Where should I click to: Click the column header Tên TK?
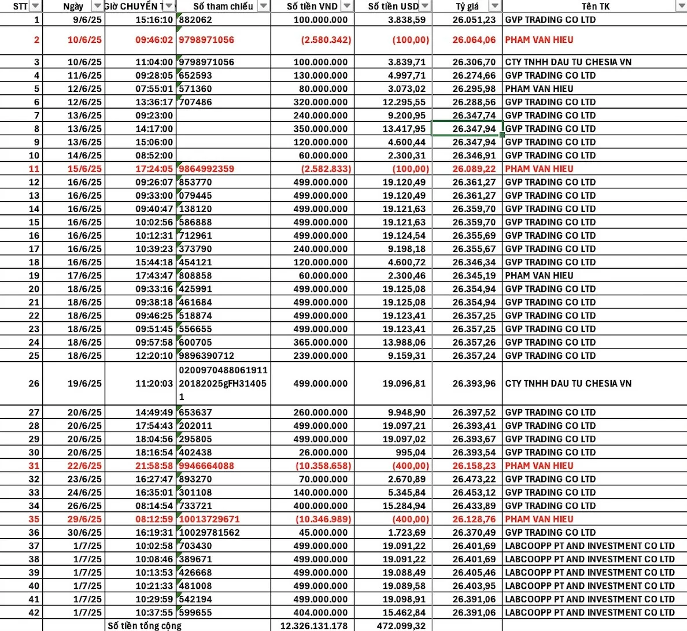click(595, 6)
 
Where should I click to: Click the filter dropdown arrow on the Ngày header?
click(97, 6)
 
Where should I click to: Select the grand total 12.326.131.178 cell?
click(314, 626)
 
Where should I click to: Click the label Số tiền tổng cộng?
click(145, 626)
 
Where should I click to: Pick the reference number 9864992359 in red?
click(206, 169)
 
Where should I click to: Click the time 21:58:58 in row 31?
click(154, 466)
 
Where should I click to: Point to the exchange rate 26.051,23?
click(474, 20)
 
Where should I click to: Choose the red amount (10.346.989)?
click(323, 519)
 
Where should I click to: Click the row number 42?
click(34, 613)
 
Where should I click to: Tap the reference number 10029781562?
click(209, 532)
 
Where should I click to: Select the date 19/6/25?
click(84, 383)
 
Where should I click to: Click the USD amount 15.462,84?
click(404, 613)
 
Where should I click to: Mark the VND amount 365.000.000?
click(320, 342)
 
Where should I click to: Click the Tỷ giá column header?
click(467, 6)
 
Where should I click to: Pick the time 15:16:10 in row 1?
click(154, 20)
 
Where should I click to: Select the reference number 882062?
click(195, 20)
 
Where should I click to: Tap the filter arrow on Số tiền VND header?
click(347, 6)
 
